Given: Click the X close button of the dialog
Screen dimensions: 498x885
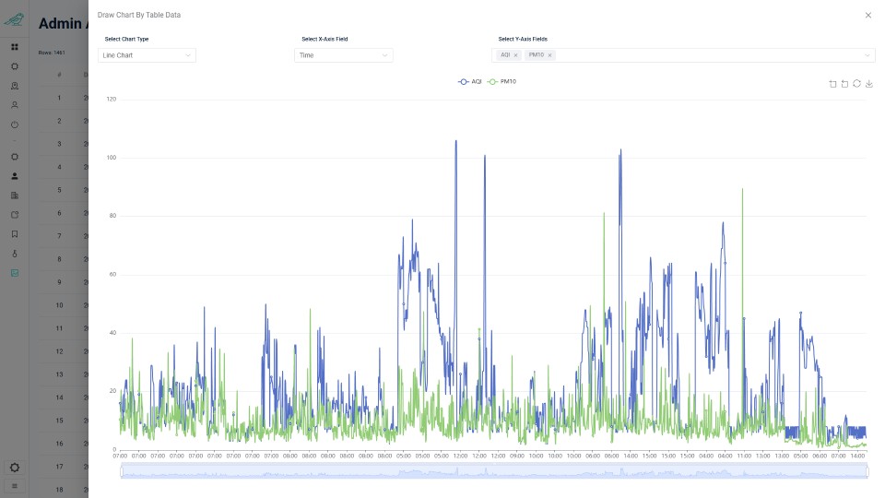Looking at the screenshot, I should [867, 16].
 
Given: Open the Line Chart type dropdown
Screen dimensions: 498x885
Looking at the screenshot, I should [147, 55].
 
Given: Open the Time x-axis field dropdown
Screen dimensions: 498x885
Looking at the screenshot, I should [343, 55].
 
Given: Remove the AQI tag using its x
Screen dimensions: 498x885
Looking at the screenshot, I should [515, 55].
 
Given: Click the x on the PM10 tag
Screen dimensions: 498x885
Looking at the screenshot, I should [549, 55].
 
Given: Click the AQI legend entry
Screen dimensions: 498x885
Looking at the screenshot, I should [469, 82].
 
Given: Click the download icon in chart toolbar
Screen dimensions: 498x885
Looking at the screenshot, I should [868, 84].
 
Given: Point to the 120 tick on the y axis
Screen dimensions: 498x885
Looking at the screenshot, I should [111, 99].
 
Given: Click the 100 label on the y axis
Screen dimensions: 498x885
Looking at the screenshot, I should [111, 158].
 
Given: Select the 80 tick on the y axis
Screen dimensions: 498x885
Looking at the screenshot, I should [112, 216].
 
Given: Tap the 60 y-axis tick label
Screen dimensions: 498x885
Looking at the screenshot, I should [112, 275].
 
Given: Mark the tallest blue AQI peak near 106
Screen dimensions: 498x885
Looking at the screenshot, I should [455, 141].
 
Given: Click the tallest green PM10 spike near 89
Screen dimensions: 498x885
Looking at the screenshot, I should [742, 189].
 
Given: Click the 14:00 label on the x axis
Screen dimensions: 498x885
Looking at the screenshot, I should [856, 456].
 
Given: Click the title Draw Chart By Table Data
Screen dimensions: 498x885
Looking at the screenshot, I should [138, 16].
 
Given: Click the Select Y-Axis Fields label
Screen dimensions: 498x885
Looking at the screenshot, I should [523, 40].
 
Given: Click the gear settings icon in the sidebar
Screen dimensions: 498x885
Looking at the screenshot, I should [15, 468].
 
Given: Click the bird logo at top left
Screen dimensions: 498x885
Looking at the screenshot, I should [14, 18].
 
